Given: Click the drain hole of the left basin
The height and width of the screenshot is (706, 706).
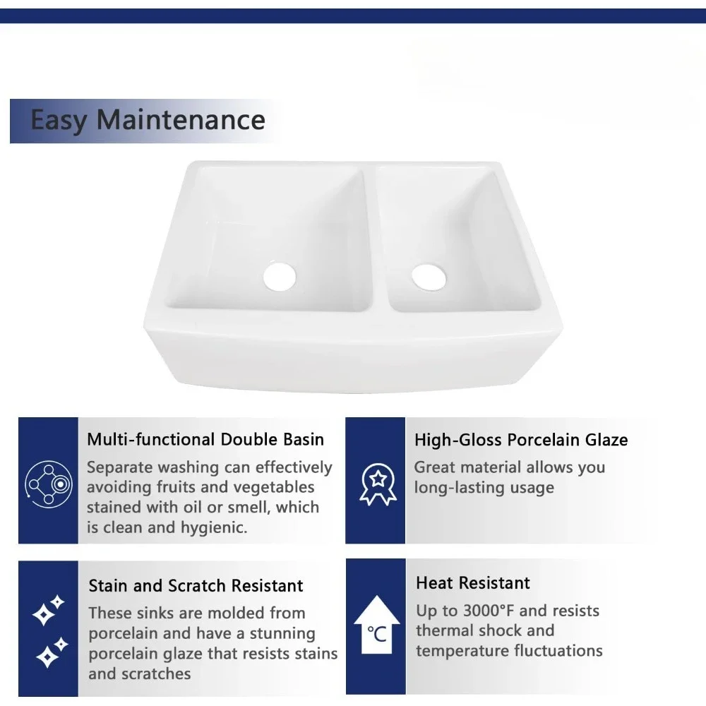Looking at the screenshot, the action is tap(280, 276).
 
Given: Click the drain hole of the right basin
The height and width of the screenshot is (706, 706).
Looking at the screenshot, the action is tap(429, 277).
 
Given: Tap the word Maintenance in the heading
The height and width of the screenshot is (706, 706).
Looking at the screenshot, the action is tap(181, 120).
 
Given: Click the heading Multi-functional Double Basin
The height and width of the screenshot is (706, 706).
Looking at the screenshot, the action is tap(205, 439).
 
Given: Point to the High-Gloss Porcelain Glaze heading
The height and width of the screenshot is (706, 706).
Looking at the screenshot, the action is tap(521, 440).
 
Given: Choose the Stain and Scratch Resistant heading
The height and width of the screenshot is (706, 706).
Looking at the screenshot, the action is tap(196, 586).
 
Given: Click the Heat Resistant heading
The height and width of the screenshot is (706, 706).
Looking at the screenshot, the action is tap(473, 583).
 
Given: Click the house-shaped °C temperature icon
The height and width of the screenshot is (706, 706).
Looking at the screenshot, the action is tap(377, 625).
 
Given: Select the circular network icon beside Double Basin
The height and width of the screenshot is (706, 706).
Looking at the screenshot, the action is tap(49, 484).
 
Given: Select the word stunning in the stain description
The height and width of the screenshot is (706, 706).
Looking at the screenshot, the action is tap(282, 634).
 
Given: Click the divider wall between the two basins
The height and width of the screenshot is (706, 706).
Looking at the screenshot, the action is tap(375, 239).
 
